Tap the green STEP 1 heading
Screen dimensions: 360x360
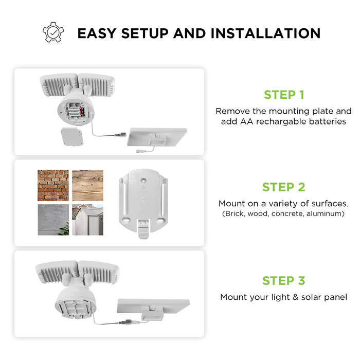point(284,95)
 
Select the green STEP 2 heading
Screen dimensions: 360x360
point(284,187)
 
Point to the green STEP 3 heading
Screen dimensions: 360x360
point(284,281)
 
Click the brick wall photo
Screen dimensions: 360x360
point(53,185)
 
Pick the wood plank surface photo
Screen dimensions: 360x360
point(87,185)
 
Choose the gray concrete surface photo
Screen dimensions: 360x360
point(53,220)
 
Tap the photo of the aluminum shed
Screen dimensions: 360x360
point(87,220)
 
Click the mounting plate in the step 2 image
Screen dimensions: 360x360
point(142,201)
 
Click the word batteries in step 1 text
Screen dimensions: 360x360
point(328,122)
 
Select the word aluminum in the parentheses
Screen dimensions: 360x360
point(326,213)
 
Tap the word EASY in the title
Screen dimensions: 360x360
point(97,33)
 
